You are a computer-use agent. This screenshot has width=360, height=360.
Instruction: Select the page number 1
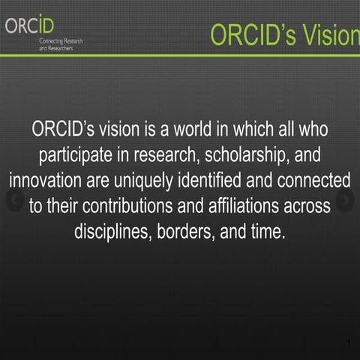pyautogui.click(x=349, y=344)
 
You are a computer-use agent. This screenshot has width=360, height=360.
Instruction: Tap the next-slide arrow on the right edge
pyautogui.click(x=346, y=200)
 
